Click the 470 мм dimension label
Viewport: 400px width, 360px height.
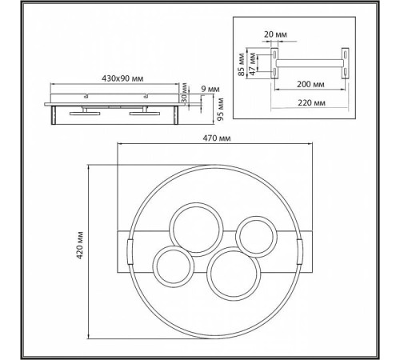217,138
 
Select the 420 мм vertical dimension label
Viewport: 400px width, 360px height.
80,246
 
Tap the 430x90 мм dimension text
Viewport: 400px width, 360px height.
122,78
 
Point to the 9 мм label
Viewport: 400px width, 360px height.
210,89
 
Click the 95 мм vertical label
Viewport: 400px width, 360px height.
220,110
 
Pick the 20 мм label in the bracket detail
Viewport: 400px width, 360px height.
275,34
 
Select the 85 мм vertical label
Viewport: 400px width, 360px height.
242,65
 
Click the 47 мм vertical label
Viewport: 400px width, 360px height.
252,64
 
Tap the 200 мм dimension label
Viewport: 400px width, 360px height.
310,84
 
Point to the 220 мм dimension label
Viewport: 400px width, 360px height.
311,102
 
